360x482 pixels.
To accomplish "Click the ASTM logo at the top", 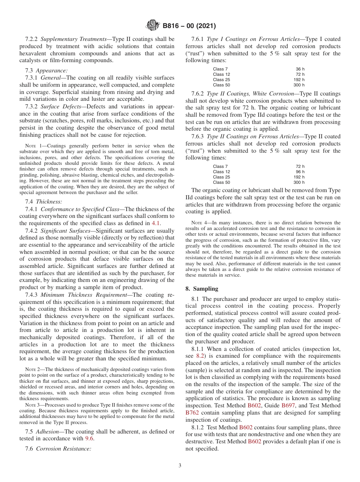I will (x=153, y=26).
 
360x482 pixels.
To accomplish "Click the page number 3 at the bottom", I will (x=180, y=465).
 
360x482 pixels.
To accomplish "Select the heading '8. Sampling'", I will (x=202, y=289).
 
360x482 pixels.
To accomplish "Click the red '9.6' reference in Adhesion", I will (x=89, y=438).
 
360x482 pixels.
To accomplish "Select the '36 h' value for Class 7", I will (x=300, y=69).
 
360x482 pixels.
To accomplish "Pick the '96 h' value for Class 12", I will (x=300, y=172).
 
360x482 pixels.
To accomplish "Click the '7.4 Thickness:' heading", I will (x=47, y=202).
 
